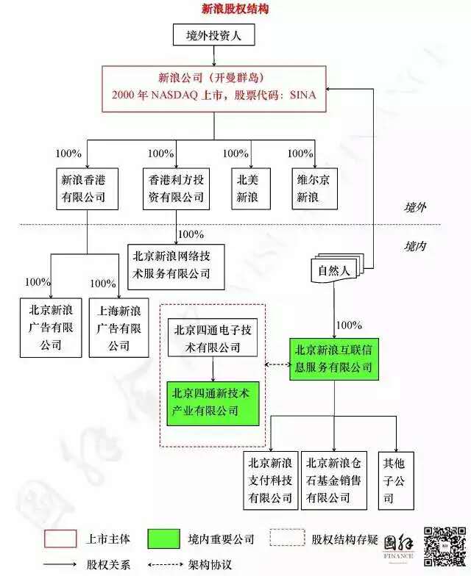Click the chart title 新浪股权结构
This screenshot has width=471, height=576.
click(235, 9)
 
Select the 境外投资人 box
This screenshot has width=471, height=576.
click(213, 35)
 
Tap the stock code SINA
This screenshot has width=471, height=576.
click(302, 95)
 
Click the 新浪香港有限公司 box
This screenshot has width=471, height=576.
click(87, 189)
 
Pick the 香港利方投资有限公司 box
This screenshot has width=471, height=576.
click(176, 189)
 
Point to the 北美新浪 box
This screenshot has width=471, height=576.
click(251, 189)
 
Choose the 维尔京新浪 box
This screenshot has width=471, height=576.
click(315, 189)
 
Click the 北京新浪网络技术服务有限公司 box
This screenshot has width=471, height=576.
click(176, 267)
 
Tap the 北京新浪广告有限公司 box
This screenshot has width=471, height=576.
click(51, 328)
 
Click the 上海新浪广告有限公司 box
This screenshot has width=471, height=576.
click(119, 328)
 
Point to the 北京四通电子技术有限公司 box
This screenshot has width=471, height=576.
click(213, 338)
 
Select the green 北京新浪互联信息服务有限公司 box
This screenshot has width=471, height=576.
click(334, 359)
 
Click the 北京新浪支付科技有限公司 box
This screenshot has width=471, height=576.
click(271, 480)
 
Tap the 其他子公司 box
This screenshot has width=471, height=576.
click(396, 480)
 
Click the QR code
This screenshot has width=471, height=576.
click(445, 547)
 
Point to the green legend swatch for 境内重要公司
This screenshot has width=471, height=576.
click(163, 539)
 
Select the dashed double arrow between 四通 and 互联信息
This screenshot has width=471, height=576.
click(278, 364)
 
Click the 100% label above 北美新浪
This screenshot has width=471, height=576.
click(235, 153)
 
